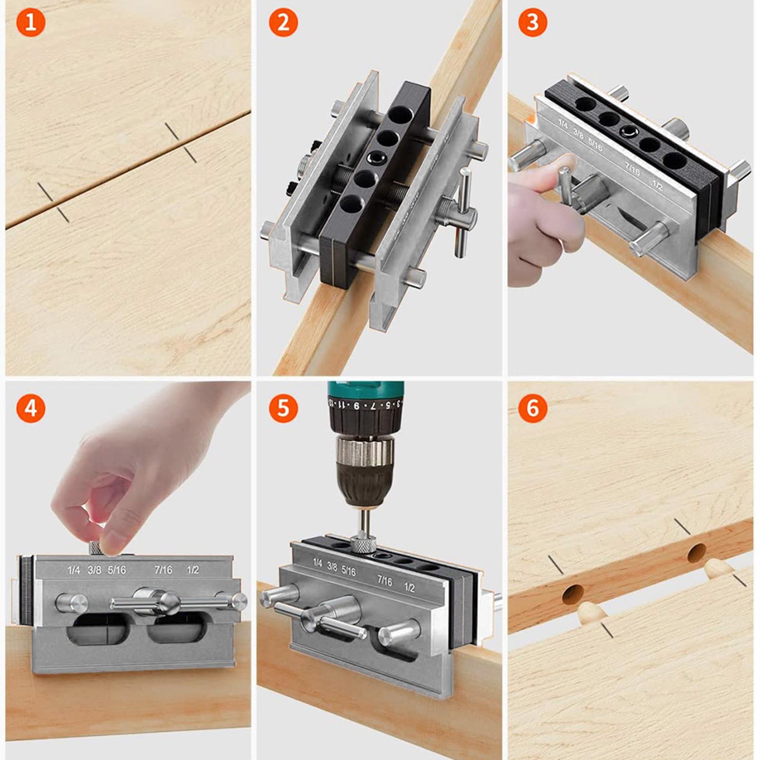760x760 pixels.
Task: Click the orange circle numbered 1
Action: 30,22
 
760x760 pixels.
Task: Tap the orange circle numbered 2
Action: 283,22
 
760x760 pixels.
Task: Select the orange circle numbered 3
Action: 532,22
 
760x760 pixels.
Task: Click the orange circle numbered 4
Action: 30,408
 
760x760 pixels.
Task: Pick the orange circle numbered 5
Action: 283,408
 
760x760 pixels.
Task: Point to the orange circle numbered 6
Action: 532,408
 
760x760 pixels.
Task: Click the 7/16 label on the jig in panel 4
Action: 163,570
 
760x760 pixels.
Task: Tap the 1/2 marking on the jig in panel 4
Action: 192,570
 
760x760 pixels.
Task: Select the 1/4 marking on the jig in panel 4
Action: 74,570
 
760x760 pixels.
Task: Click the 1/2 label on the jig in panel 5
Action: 409,588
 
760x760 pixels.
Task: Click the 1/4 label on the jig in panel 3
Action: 563,124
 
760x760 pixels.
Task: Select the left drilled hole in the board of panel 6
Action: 573,594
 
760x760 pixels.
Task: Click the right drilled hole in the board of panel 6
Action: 697,553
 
